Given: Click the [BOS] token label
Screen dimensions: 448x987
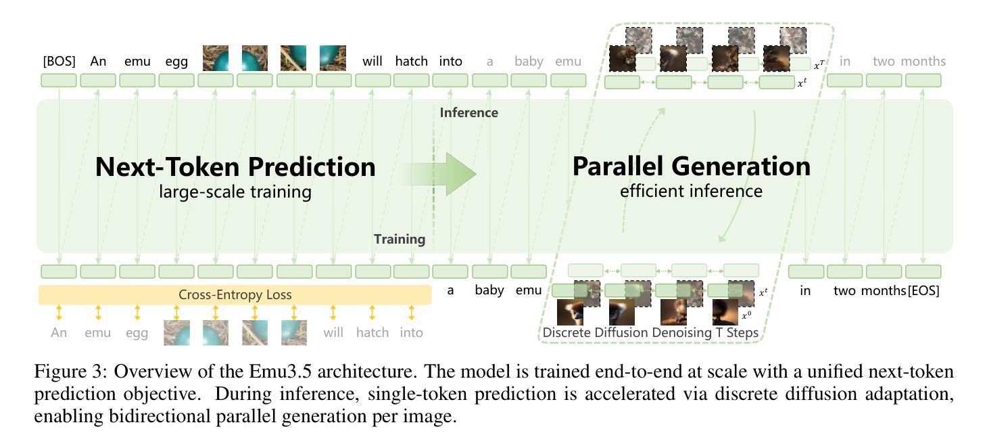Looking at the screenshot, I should click(59, 61).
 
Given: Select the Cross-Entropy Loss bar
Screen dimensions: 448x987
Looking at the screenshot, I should click(235, 295).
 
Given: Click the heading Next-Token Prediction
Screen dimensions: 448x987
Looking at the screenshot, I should click(235, 166).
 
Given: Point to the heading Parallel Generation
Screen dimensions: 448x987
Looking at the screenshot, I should click(691, 166).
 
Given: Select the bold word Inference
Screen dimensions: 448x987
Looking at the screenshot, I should click(468, 112).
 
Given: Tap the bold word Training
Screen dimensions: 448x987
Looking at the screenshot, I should click(400, 239).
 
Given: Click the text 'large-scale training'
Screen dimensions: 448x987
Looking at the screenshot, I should click(235, 192).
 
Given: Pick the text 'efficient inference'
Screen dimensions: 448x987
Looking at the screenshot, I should click(691, 191).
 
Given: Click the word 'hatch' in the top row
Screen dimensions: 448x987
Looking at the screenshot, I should click(411, 61).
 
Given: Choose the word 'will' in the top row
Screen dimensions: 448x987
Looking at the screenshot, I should click(372, 61).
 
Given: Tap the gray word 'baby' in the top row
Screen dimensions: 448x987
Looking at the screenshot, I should click(529, 61).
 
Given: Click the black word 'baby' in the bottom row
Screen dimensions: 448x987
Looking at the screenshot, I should click(489, 291).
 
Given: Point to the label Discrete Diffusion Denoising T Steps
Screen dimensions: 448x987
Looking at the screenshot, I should click(650, 332).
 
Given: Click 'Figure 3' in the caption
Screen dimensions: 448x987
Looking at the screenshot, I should click(64, 372).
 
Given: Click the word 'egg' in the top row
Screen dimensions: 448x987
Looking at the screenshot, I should click(176, 61).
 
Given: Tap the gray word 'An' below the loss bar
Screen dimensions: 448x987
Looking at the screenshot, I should click(59, 332).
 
